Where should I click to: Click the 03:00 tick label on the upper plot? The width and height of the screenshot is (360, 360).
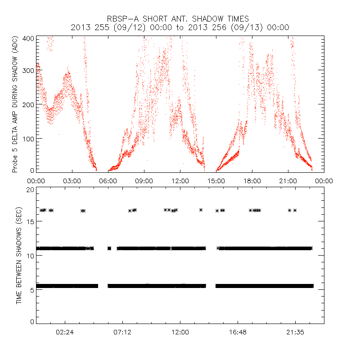72,180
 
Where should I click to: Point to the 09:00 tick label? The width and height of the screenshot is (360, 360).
144,180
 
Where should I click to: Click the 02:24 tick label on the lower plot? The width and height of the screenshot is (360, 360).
65,333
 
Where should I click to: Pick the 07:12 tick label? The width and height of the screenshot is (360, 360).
122,333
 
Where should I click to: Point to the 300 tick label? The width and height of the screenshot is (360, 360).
28,71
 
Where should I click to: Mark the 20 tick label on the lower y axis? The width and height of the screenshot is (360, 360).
31,190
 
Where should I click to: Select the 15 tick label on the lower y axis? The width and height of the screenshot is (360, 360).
31,223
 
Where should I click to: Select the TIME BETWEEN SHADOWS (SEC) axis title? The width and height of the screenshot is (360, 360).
19,256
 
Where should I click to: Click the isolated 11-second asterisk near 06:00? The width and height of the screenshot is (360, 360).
109,248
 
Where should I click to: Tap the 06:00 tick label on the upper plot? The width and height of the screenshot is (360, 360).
108,180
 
